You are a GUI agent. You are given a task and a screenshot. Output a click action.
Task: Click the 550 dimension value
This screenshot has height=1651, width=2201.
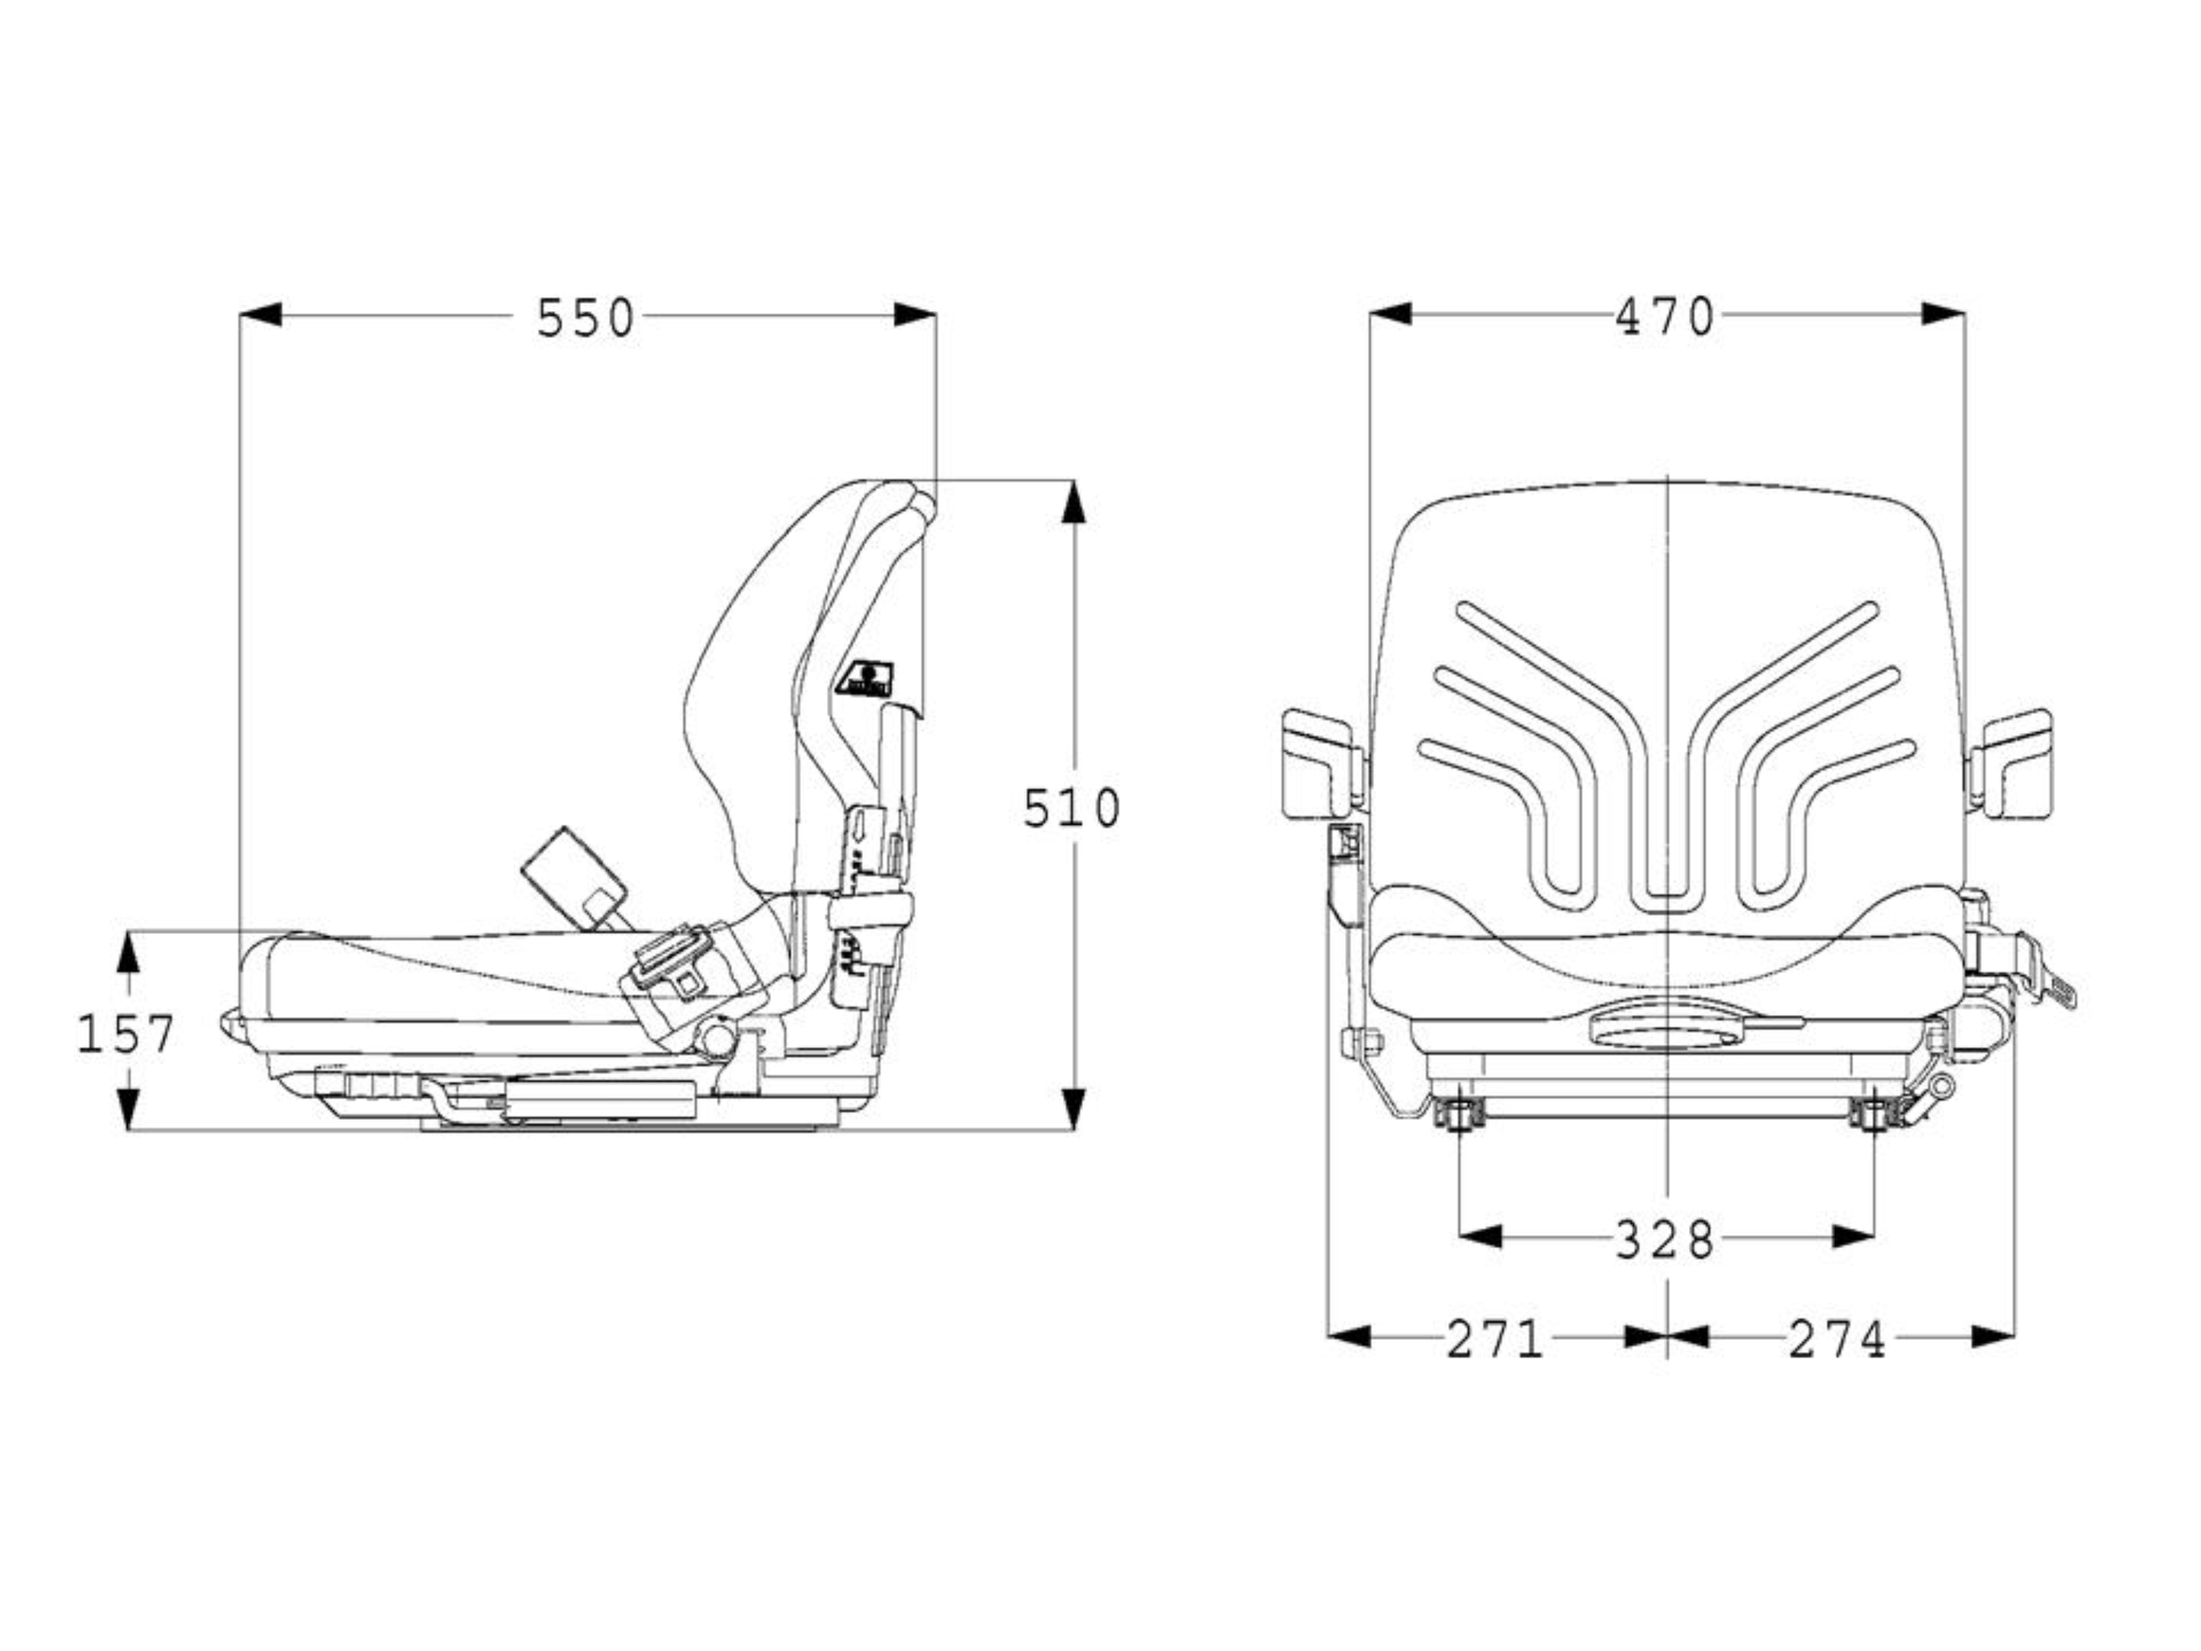pyautogui.click(x=585, y=318)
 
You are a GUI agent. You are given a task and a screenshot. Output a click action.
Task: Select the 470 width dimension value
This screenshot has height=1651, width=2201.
pyautogui.click(x=1665, y=316)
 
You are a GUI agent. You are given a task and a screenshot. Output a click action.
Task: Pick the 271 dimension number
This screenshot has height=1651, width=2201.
pyautogui.click(x=1494, y=1338)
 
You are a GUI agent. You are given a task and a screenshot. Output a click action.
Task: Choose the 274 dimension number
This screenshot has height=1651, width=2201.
pyautogui.click(x=1837, y=1338)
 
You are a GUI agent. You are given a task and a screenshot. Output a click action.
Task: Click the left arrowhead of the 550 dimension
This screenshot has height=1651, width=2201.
pyautogui.click(x=260, y=316)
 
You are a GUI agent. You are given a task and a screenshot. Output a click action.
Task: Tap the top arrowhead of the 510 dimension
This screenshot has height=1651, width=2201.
pyautogui.click(x=1073, y=502)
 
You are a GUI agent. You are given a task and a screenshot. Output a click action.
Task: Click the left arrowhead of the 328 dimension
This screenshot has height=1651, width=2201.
pyautogui.click(x=1481, y=1237)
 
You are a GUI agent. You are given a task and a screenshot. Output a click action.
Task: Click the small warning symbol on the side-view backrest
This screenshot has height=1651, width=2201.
pyautogui.click(x=866, y=679)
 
